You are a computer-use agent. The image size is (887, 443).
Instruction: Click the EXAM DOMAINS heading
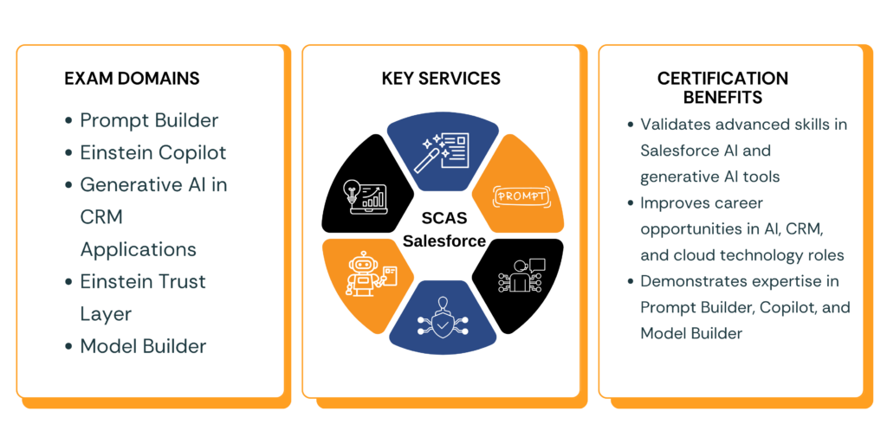tap(132, 79)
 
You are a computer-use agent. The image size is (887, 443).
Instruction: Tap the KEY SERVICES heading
tap(441, 79)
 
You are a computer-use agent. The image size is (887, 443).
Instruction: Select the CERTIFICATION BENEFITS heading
tap(722, 87)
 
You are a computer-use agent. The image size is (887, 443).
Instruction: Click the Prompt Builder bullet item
tap(149, 120)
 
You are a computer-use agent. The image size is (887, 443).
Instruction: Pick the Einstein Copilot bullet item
tap(152, 152)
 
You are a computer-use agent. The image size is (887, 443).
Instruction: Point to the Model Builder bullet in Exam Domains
tap(143, 346)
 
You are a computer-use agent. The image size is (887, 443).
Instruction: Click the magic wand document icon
tap(443, 151)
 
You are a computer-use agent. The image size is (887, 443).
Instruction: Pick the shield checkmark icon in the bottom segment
tap(443, 320)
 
